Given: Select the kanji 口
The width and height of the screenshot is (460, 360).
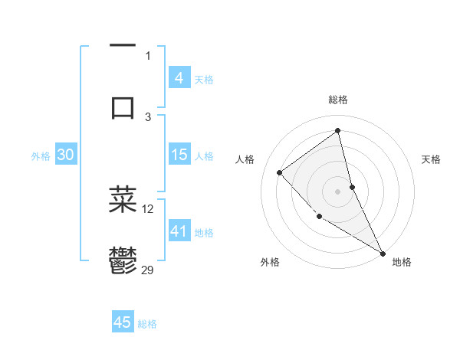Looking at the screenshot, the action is pos(123,106).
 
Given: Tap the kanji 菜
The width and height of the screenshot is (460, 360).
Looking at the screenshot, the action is pos(123,199).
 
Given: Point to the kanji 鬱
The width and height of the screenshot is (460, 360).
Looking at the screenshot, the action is pos(123,260).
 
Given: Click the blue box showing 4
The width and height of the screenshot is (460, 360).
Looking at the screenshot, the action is pos(179,78).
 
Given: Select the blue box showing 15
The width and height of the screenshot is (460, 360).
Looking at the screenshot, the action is pos(179,155).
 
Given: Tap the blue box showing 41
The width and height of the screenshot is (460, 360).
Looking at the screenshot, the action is pos(179,231).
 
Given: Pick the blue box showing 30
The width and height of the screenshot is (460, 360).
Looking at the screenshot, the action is pos(65,155).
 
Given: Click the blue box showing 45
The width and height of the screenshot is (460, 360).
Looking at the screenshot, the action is pos(123,322).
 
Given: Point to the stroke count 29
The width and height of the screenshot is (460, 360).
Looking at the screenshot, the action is pos(149,270).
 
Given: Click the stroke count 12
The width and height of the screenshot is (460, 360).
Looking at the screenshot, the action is pos(148,208).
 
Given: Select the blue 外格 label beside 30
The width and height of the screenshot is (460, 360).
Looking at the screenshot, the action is pos(41,156).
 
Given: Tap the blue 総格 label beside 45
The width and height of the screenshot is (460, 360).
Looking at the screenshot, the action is pos(147,324).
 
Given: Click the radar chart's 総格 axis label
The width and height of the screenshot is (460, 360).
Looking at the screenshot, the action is pos(337,100).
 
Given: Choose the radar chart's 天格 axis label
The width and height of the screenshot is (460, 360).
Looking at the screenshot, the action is pos(432,159).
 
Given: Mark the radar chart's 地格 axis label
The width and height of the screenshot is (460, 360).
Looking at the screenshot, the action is pos(402,262).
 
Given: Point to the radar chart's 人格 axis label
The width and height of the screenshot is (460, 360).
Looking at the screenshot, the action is pos(245,159).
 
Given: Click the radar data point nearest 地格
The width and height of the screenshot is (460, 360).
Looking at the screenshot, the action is pos(383,254).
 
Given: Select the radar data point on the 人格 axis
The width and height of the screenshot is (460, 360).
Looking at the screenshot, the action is pos(280,172).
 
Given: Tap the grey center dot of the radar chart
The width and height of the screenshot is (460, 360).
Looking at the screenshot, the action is pos(337,191).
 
